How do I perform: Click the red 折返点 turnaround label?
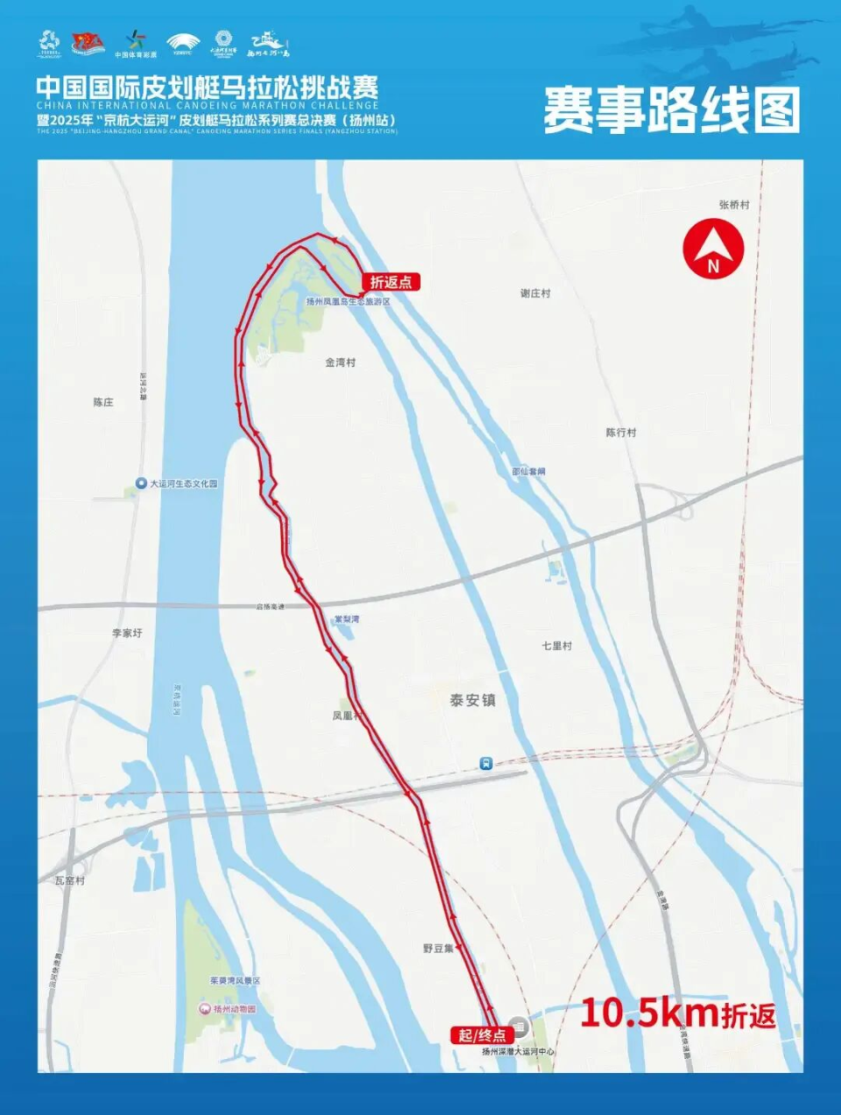[391, 282]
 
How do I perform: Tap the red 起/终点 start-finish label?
[481, 1034]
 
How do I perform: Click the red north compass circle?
[713, 250]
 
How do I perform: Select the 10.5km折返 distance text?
[677, 1013]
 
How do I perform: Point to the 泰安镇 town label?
[472, 700]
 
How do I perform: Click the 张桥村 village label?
[734, 204]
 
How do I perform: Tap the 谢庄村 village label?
[535, 293]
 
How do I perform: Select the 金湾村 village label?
[340, 362]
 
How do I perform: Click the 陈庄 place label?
[103, 402]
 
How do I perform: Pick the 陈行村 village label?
[621, 433]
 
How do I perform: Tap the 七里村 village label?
[556, 646]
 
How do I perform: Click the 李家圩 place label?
[127, 632]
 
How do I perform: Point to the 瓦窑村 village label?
[70, 880]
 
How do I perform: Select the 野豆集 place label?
[438, 948]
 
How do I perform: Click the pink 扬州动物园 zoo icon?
[205, 1009]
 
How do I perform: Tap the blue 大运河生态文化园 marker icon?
[141, 483]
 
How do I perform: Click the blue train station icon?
[486, 764]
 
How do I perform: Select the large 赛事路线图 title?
[671, 110]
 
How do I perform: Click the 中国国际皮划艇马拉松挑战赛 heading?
[208, 88]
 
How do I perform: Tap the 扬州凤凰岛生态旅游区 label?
[348, 301]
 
